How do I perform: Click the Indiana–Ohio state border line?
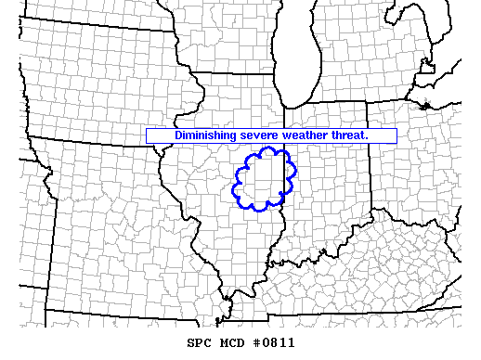pos(373,167)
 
